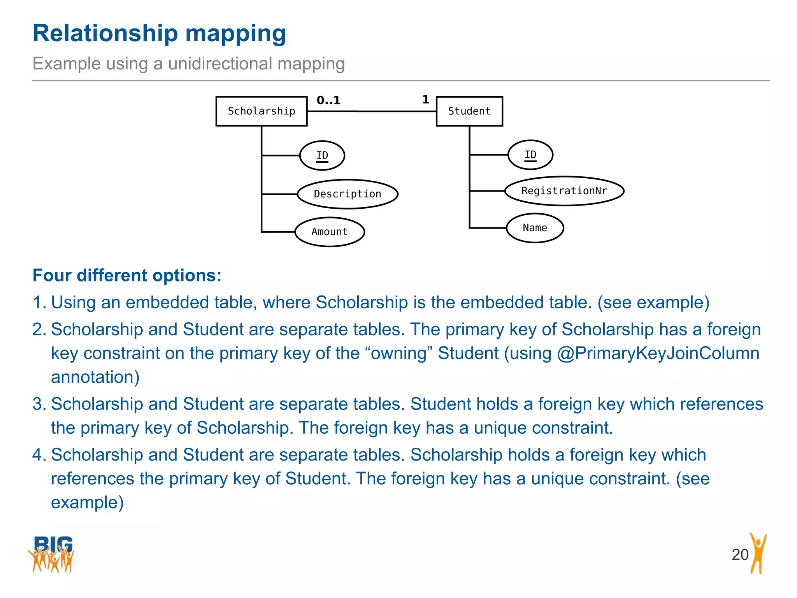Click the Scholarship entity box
click(x=262, y=111)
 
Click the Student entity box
click(x=469, y=111)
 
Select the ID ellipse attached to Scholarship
click(x=322, y=156)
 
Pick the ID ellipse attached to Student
click(x=530, y=155)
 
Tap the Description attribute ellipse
click(x=348, y=194)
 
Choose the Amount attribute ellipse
click(x=330, y=232)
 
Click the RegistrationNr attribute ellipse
click(x=564, y=191)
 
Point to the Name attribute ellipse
click(x=535, y=228)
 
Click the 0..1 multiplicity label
click(x=328, y=100)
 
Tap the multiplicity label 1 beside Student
click(x=426, y=100)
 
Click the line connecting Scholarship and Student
click(x=372, y=111)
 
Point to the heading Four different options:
click(x=127, y=275)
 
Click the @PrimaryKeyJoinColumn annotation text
click(x=658, y=354)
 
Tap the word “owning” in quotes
click(x=399, y=354)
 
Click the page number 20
click(x=740, y=554)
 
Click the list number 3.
click(x=39, y=404)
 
